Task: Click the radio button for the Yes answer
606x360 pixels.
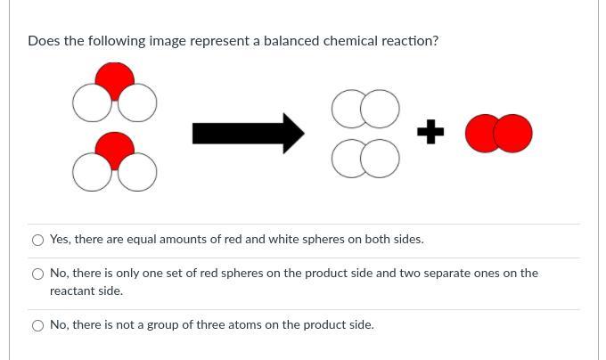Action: click(x=37, y=241)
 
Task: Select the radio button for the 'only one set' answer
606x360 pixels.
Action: click(x=37, y=274)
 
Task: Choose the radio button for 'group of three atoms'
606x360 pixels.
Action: click(x=37, y=325)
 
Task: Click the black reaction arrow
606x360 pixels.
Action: click(x=248, y=134)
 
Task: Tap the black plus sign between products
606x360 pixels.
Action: click(x=430, y=131)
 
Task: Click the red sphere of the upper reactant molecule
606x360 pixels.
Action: click(x=115, y=80)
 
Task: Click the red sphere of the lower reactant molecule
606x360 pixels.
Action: click(x=115, y=149)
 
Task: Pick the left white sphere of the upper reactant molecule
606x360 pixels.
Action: click(x=92, y=103)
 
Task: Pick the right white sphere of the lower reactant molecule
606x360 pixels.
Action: click(x=137, y=172)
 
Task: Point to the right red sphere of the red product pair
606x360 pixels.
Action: click(x=512, y=134)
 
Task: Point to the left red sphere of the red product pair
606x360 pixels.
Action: click(x=480, y=134)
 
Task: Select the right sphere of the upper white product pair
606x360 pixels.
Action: click(x=380, y=109)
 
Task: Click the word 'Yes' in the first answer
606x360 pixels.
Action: click(x=60, y=240)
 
